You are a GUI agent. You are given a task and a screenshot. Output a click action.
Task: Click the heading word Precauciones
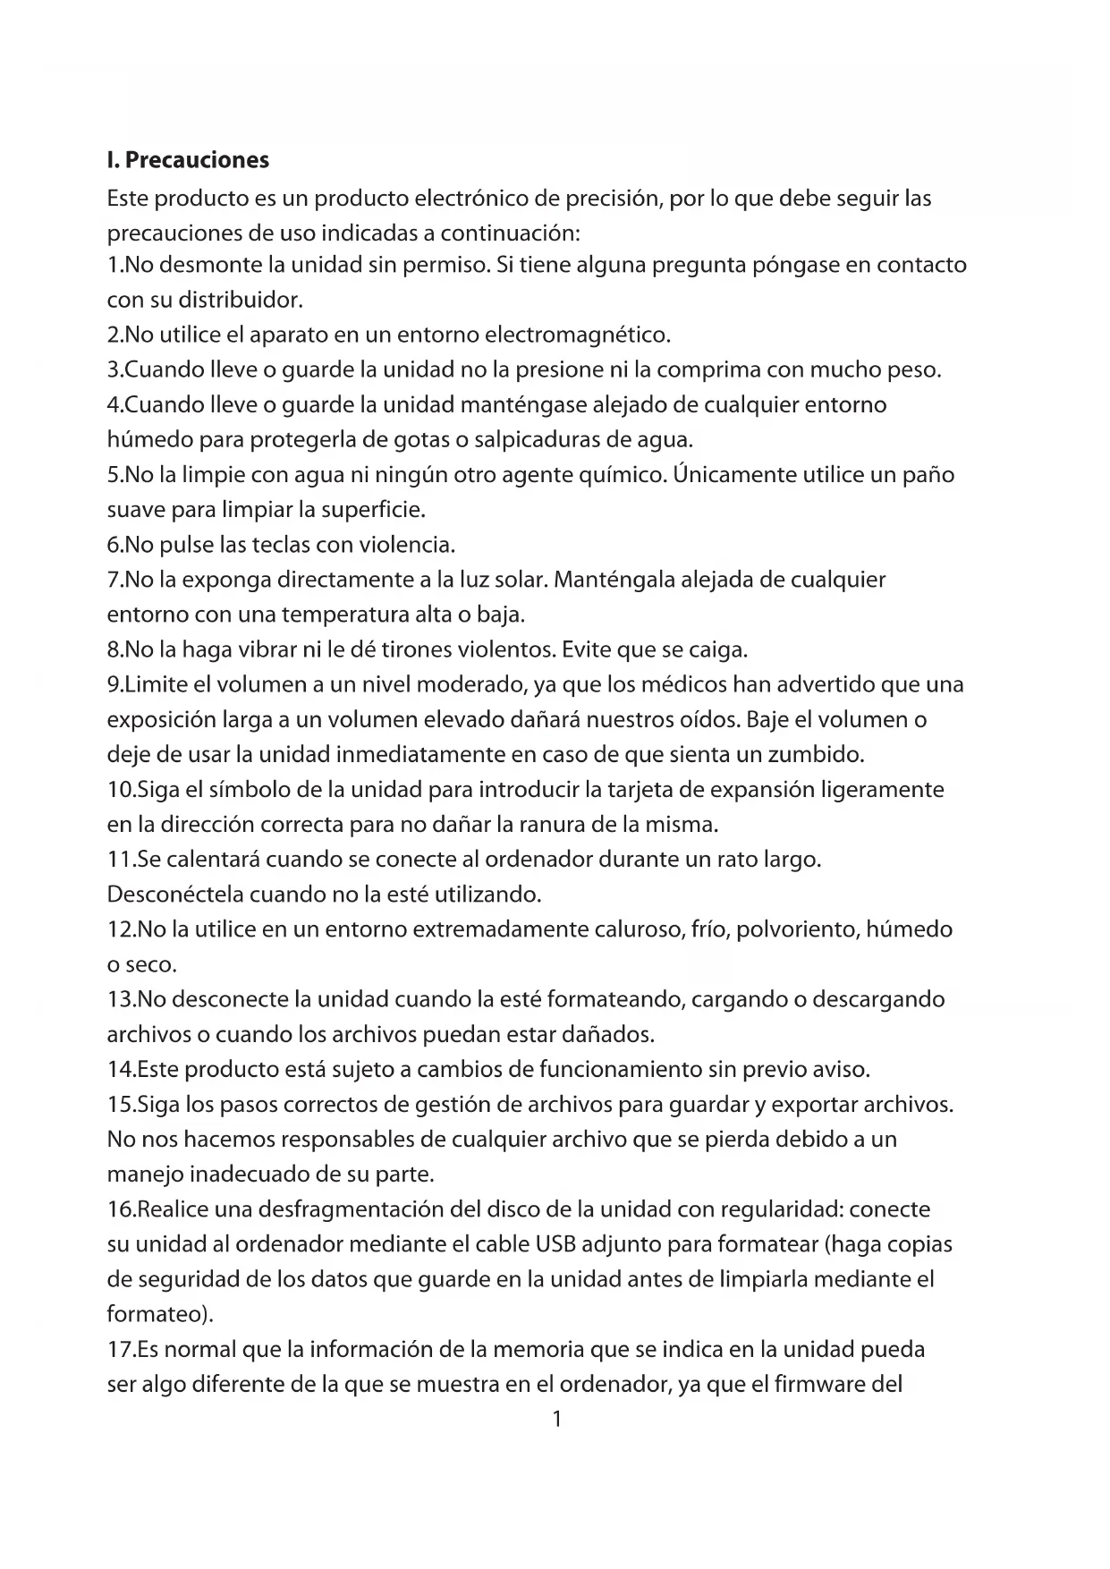point(197,161)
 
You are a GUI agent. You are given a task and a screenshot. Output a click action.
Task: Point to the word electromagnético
point(577,335)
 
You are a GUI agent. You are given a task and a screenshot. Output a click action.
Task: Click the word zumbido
point(816,755)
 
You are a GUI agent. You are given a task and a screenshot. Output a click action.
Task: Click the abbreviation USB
point(555,1245)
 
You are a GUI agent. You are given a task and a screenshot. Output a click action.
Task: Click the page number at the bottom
point(556,1420)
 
